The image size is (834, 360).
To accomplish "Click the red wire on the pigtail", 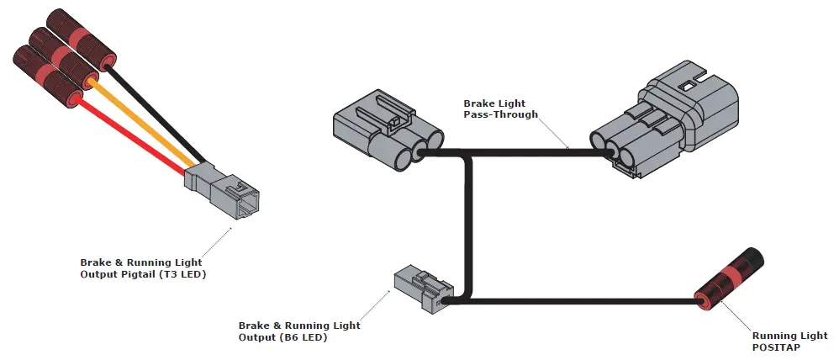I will coord(135,136).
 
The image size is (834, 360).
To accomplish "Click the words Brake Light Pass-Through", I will coord(500,109).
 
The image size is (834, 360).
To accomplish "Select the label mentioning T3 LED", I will coord(143,268).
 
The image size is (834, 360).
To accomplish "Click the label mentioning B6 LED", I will coord(299,331).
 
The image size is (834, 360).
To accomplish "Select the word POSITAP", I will coord(779,347).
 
